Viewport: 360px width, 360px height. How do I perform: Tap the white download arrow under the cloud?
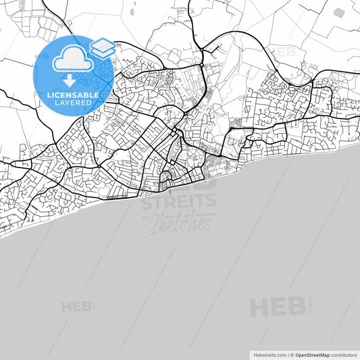tap(70, 80)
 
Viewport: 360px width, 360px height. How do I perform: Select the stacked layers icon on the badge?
tap(101, 47)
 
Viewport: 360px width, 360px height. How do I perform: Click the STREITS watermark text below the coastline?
tap(179, 201)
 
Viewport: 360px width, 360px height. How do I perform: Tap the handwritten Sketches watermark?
tap(179, 222)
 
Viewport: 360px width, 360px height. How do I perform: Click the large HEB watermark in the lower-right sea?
tap(277, 307)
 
